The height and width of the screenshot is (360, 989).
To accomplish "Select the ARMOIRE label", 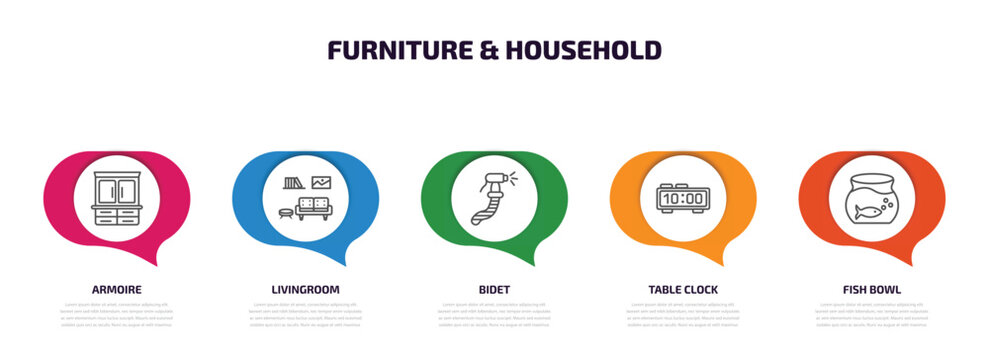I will coord(116,289).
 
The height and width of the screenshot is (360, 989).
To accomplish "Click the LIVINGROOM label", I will coord(305,289).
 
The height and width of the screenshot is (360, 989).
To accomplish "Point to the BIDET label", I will coord(494,289).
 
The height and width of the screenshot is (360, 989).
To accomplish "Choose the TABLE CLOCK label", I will coord(683,289).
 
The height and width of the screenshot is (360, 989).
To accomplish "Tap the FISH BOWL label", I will coord(872,289).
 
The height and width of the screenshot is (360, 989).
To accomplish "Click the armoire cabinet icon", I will coord(116,197).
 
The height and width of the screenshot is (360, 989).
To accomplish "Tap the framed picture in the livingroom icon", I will coord(321,182).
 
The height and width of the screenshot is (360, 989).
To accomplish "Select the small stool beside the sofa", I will coord(285,211).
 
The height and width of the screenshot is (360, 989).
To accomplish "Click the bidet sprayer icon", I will coord(493,197).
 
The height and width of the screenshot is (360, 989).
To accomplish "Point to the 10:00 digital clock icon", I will coord(683,197).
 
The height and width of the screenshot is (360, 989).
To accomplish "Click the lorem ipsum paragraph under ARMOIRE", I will coord(116,314).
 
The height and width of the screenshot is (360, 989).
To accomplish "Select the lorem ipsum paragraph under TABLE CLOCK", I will coord(683,314).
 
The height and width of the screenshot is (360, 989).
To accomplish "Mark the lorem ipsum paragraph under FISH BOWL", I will coord(872,314).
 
